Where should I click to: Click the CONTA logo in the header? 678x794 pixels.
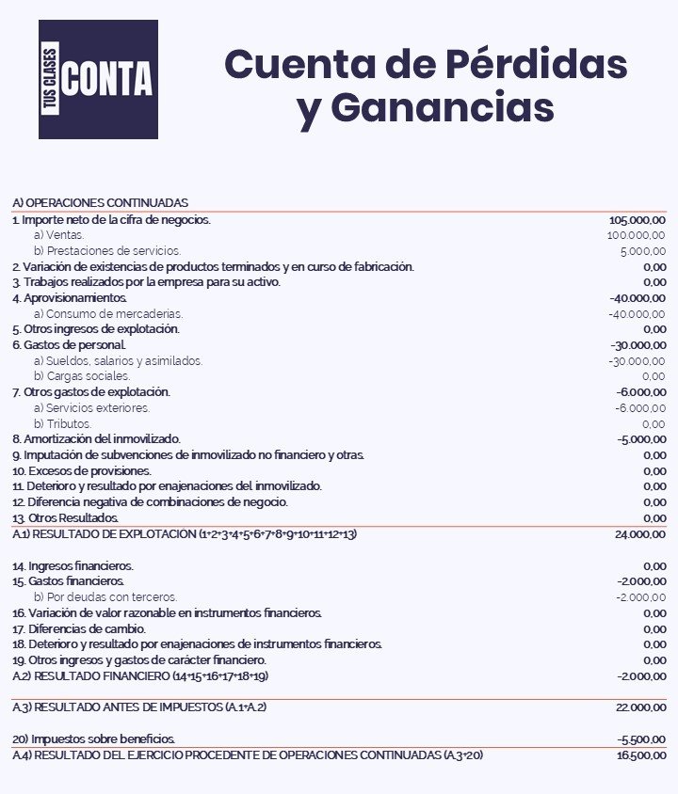(x=99, y=79)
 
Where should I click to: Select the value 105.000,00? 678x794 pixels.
(x=638, y=219)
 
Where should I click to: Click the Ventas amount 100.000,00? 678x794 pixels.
(x=636, y=235)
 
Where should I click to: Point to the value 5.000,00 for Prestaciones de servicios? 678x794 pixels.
(x=642, y=251)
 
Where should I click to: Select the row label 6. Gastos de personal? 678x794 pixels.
(x=69, y=345)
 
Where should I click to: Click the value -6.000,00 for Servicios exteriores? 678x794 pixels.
(x=640, y=407)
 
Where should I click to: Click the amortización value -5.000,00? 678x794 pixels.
(x=641, y=439)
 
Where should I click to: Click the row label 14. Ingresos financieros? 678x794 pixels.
(x=73, y=565)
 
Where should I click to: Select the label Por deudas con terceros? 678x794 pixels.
(x=105, y=597)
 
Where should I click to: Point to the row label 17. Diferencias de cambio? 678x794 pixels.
(x=79, y=628)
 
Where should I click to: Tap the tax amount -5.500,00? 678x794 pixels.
(x=641, y=739)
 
